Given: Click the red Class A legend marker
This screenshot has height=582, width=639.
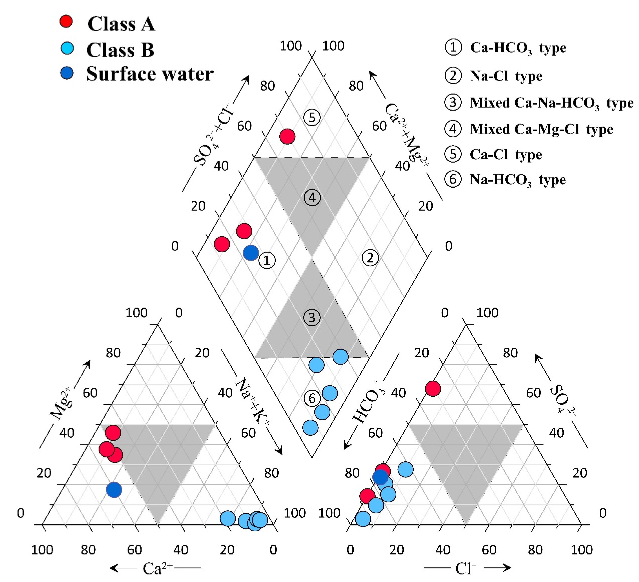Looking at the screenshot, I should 66,21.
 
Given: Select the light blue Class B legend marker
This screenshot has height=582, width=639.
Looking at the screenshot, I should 67,48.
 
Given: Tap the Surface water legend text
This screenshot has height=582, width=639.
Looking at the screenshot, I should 150,74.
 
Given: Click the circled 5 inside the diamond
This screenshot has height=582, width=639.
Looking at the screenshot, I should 312,118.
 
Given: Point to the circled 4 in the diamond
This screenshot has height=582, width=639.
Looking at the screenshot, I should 312,198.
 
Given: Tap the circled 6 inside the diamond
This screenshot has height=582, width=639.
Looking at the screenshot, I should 312,398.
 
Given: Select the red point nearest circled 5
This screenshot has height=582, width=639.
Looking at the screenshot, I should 287,136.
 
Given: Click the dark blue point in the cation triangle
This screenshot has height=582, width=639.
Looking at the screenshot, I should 114,490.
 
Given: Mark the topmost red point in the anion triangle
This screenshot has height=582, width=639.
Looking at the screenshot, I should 433,388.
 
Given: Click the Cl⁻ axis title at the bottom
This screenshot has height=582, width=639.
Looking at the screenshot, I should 466,569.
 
